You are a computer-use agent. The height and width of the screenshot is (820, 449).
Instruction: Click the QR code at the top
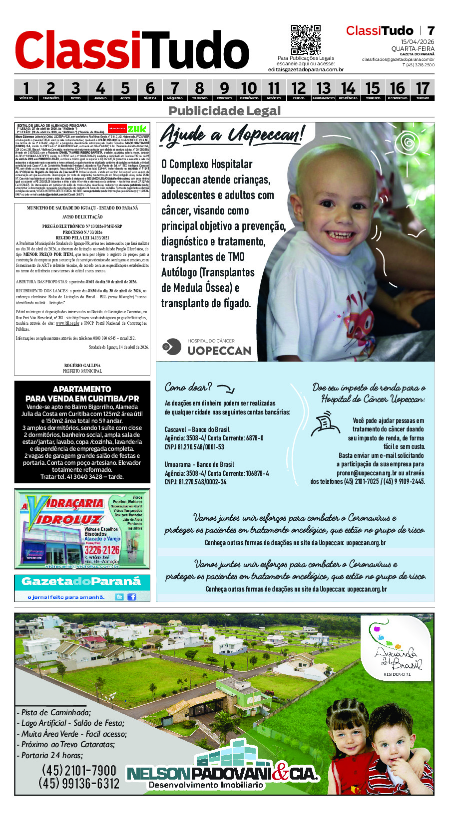[x=306, y=39]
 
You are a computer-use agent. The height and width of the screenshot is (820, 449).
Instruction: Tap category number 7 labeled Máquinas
[x=174, y=90]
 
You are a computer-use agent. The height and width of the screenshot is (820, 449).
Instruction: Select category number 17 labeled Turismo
[x=423, y=90]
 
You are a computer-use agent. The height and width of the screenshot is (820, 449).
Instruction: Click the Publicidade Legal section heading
[x=225, y=111]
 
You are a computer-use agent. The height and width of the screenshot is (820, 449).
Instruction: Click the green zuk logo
[x=137, y=129]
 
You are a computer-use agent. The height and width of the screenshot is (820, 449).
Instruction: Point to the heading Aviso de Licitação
[x=82, y=217]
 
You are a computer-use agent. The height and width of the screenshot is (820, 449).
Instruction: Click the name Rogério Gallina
[x=82, y=366]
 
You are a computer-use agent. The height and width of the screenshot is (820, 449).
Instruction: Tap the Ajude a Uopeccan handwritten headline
[x=232, y=135]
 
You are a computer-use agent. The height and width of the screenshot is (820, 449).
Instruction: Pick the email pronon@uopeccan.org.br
[x=367, y=473]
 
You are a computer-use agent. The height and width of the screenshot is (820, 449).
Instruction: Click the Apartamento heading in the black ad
[x=82, y=389]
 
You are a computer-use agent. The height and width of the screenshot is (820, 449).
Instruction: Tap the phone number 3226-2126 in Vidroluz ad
[x=102, y=550]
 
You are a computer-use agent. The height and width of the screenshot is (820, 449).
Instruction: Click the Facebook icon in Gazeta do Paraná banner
[x=132, y=597]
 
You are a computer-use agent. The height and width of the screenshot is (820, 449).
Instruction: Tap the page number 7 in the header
[x=431, y=30]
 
